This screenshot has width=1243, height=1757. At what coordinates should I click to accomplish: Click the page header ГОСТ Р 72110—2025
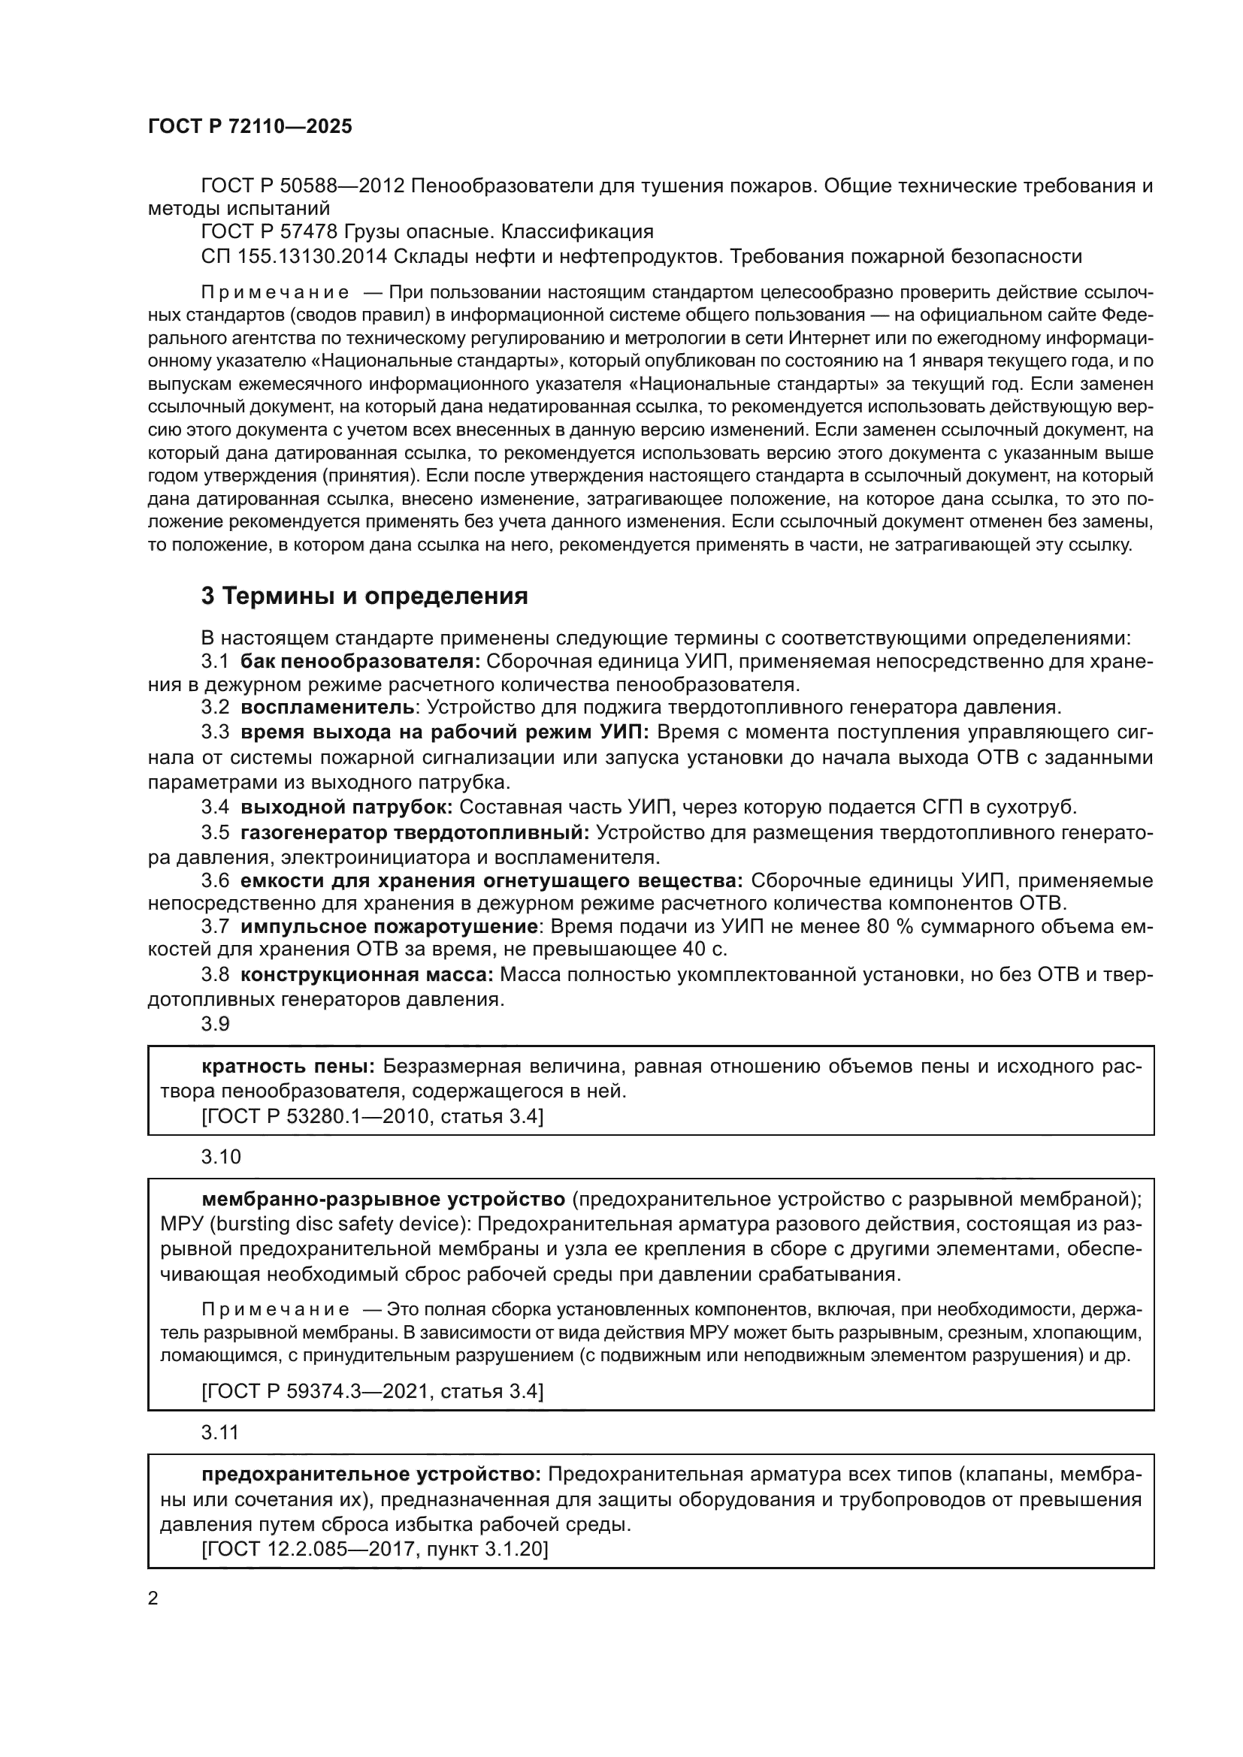click(250, 127)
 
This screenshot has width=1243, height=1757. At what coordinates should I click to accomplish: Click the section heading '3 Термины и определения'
click(364, 596)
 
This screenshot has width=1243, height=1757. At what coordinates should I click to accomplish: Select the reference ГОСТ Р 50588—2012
click(303, 186)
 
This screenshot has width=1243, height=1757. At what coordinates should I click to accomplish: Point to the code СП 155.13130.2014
click(294, 256)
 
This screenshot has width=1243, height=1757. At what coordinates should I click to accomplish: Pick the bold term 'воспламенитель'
click(328, 708)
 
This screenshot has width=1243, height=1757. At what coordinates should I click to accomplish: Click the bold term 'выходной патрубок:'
click(346, 807)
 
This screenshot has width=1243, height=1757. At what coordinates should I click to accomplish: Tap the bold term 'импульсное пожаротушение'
click(389, 927)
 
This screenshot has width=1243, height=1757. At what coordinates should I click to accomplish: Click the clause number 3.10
click(221, 1156)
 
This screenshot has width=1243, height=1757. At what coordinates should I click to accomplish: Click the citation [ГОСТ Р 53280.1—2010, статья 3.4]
click(373, 1116)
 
